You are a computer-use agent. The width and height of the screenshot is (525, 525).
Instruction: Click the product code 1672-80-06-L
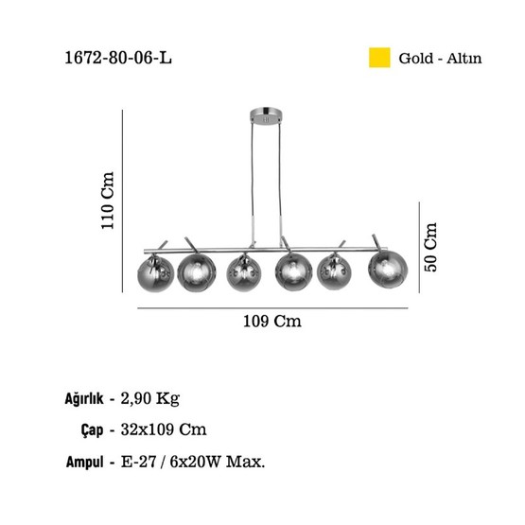pyautogui.click(x=118, y=59)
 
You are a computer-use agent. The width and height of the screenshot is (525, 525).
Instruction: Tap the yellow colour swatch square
pyautogui.click(x=379, y=58)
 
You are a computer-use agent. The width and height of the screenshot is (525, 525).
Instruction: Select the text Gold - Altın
pyautogui.click(x=440, y=59)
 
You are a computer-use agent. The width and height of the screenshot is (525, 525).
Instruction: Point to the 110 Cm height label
pyautogui.click(x=108, y=201)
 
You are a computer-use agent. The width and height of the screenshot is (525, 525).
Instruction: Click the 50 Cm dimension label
pyautogui.click(x=430, y=247)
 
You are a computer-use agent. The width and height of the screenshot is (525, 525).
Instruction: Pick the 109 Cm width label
pyautogui.click(x=271, y=321)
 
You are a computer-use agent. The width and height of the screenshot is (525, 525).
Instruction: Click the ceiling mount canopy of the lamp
pyautogui.click(x=266, y=115)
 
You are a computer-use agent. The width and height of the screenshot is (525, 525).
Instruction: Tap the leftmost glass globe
pyautogui.click(x=156, y=273)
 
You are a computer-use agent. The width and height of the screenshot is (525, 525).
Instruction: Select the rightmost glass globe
pyautogui.click(x=388, y=270)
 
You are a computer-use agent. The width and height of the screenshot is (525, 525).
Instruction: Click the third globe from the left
pyautogui.click(x=244, y=273)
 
